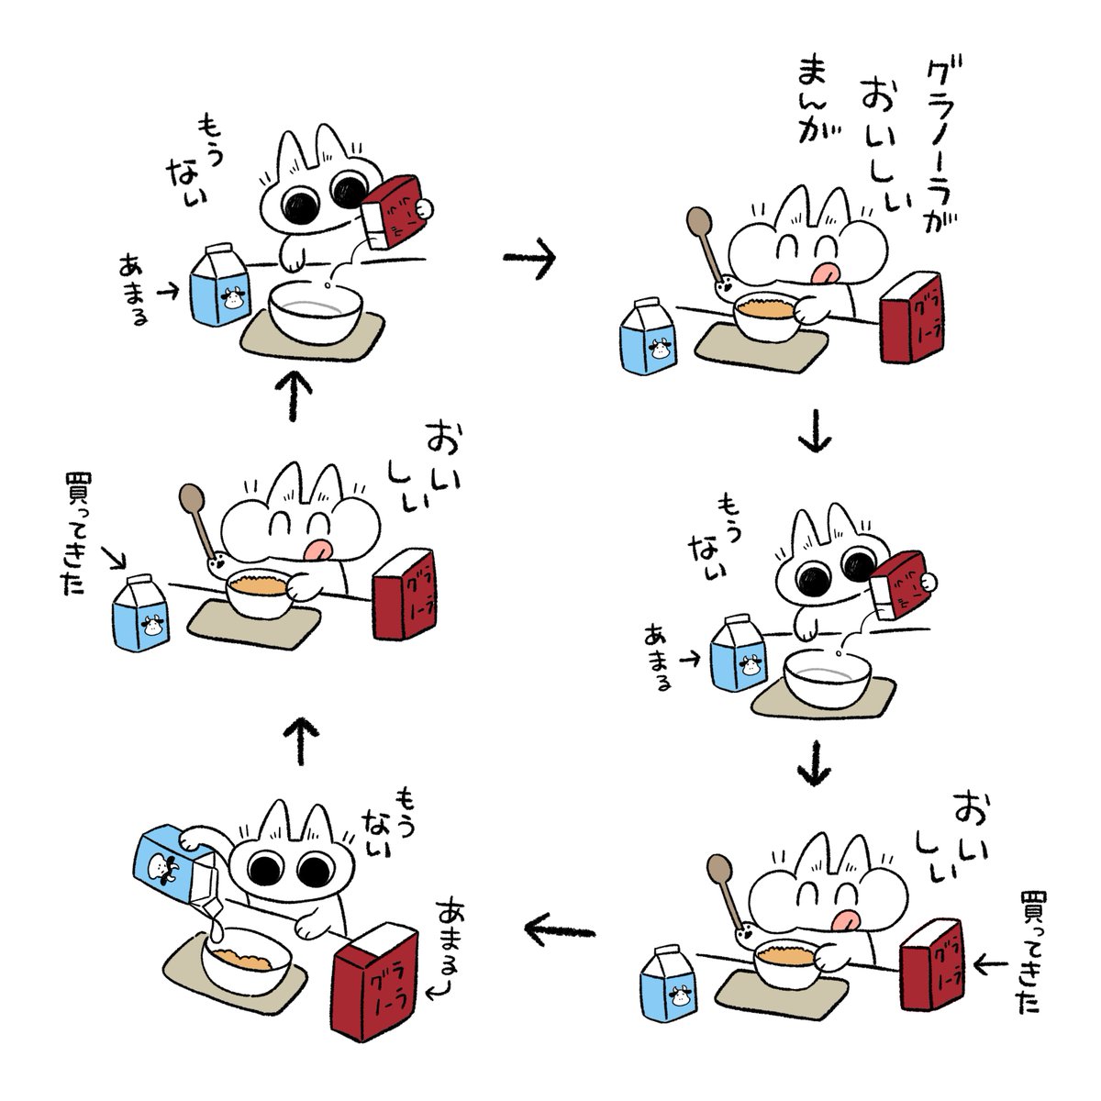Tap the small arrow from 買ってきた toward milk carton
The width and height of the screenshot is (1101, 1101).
click(114, 558)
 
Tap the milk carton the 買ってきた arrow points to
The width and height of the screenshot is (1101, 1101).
click(140, 613)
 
